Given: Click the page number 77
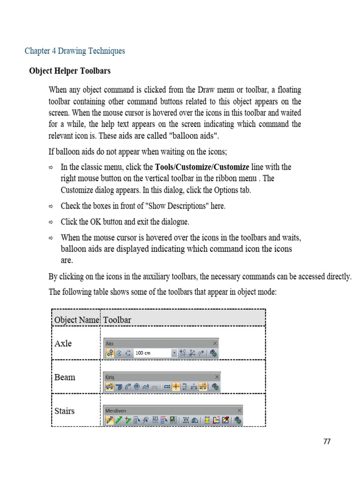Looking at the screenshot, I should tap(327, 442).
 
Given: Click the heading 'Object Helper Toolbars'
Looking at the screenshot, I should tap(70, 71).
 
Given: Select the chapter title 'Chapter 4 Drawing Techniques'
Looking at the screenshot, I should tap(75, 51).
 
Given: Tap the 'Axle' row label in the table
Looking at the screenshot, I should tap(63, 343).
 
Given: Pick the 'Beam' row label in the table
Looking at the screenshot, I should tap(65, 377).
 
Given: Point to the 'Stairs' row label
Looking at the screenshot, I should tap(65, 411).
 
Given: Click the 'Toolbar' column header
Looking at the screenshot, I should tap(117, 320).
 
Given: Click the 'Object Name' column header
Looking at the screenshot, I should tap(77, 320).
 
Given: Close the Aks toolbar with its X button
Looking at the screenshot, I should tap(215, 343).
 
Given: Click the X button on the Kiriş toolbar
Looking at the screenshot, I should tap(217, 377).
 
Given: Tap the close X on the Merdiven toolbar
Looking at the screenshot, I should tap(239, 410).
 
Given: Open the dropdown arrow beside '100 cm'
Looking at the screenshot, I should tap(174, 353).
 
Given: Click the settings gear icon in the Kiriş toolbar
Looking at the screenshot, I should tap(215, 387).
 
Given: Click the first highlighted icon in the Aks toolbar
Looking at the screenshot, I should tap(110, 353).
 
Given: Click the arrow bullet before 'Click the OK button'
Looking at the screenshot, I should tap(52, 222).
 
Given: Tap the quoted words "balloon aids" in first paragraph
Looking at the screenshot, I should tap(193, 136).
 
